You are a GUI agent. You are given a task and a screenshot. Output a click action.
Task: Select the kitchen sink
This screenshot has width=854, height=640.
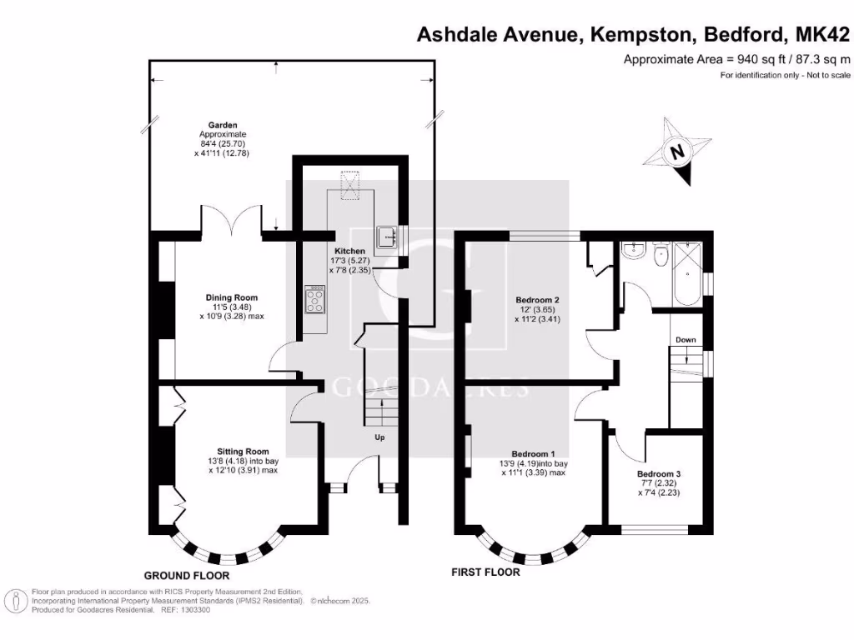click(388, 238)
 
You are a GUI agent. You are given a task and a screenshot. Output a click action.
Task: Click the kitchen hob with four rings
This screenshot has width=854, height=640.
click(316, 299)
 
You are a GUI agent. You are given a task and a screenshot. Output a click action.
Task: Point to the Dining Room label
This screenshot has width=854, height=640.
click(232, 297)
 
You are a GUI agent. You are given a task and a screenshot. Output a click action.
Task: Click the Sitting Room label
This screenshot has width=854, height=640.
click(230, 451)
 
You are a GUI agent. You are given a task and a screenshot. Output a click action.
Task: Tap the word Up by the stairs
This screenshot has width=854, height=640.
click(379, 437)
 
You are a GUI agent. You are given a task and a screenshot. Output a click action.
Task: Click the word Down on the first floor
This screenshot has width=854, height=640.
click(686, 340)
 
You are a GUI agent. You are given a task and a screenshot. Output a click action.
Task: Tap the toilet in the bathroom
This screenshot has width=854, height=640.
click(662, 255)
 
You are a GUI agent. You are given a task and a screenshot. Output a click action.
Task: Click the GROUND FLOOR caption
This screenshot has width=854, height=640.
click(186, 576)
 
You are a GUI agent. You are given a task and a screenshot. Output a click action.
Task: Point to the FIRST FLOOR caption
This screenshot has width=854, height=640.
click(485, 572)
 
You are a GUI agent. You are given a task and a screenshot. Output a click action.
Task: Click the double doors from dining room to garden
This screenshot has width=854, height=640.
click(239, 221)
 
